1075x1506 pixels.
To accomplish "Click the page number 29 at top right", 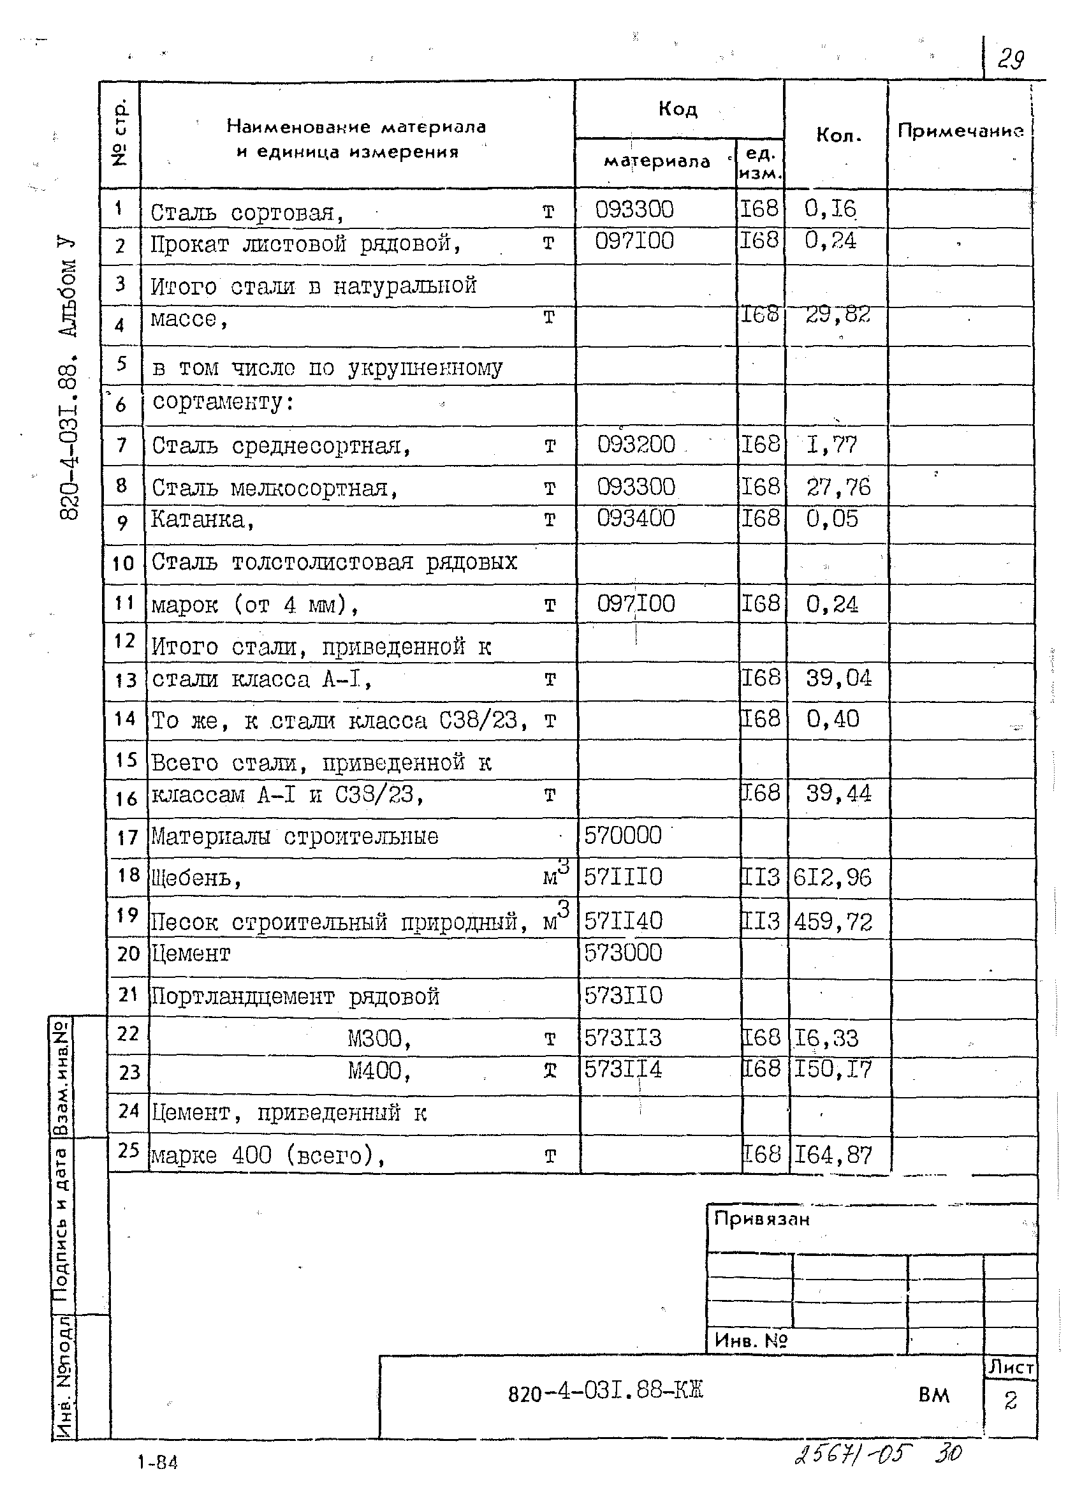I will [1011, 59].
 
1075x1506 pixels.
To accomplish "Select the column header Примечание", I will [960, 131].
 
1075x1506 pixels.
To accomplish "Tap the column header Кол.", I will [838, 136].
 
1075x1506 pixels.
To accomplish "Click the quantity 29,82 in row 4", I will [837, 314].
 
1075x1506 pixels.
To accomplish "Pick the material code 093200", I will [636, 444].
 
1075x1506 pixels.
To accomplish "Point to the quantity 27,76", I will [838, 487].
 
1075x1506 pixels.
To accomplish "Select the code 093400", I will [636, 518].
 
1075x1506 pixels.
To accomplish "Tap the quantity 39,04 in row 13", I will [838, 677].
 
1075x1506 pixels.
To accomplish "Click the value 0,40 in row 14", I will [832, 719].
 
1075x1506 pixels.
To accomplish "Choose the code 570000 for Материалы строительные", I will [622, 835].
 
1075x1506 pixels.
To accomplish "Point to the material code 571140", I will [623, 920].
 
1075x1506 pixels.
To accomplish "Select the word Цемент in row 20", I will [191, 954].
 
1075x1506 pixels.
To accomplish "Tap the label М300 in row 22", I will [378, 1038].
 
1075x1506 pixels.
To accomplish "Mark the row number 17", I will [127, 838].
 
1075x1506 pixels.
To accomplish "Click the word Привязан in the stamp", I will [761, 1219].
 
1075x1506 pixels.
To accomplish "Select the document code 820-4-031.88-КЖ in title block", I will [605, 1391].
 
